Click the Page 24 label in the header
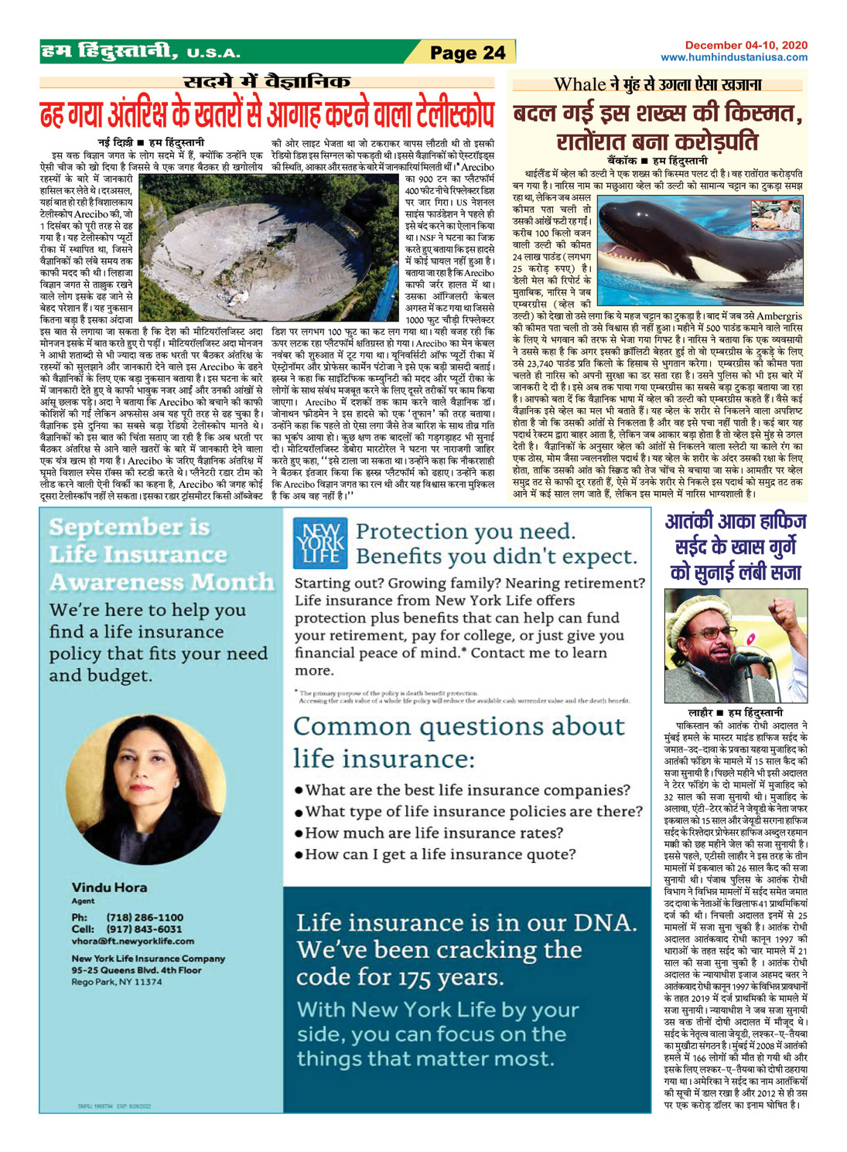467,53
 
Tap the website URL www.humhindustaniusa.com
733,57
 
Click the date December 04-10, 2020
746,46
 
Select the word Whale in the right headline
579,84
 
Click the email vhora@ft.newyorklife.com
133,941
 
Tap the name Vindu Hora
109,887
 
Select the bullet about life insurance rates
433,833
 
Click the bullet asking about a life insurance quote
439,854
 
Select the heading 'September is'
129,527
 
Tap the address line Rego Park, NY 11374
117,982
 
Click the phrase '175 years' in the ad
450,977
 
